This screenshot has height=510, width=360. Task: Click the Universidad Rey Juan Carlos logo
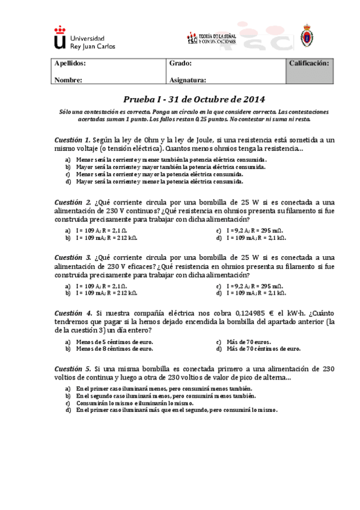point(84,38)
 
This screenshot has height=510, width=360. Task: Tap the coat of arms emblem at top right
point(306,37)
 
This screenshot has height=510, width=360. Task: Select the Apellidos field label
point(70,63)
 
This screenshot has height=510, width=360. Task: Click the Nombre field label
point(68,79)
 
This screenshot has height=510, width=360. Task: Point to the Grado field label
point(180,63)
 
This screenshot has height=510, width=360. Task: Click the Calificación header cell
point(309,63)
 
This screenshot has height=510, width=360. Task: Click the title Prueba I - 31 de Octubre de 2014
point(194,99)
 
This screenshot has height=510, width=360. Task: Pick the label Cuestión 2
point(73,202)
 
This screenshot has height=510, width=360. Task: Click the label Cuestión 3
point(73,257)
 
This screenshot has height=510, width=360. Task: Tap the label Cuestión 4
point(73,313)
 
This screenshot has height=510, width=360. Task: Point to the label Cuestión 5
point(73,368)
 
